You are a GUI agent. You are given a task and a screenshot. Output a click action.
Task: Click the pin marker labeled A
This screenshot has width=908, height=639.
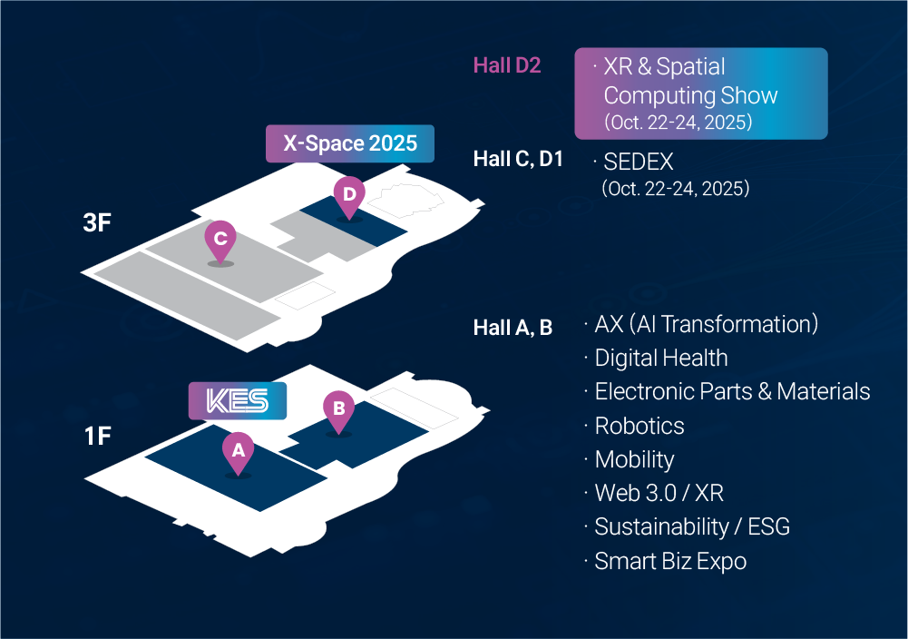coord(238,451)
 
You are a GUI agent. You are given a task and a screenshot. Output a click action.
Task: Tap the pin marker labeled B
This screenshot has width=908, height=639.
coord(338,410)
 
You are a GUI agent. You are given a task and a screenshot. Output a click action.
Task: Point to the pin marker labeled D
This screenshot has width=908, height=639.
coord(349,195)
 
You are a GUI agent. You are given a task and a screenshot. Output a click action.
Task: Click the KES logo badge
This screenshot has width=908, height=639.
coord(238,401)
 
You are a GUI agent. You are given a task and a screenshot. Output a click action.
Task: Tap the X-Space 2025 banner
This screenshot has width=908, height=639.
coord(350,143)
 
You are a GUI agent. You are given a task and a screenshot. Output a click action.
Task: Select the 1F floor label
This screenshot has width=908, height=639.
coord(97,437)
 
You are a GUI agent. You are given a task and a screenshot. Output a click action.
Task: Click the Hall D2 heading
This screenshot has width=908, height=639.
coord(507,65)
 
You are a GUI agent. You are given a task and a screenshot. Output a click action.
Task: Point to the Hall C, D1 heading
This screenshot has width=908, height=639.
coord(518,160)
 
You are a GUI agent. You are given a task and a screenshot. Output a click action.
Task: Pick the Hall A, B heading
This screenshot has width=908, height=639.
coord(513,328)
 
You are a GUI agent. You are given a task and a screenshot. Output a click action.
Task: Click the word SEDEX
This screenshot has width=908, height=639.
coord(639,162)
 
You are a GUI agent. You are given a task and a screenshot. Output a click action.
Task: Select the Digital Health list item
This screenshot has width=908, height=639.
coord(660,358)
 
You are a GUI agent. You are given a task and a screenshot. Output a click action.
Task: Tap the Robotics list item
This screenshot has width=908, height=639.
coord(639,426)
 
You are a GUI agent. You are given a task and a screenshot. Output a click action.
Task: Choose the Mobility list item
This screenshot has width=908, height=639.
coord(634,459)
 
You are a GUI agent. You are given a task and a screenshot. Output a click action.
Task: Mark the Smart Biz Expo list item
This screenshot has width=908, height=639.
coord(670,561)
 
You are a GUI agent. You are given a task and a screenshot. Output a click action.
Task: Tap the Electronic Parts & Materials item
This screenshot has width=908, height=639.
coord(732,391)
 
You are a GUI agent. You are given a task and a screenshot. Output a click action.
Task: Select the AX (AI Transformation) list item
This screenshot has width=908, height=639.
coord(707,324)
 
